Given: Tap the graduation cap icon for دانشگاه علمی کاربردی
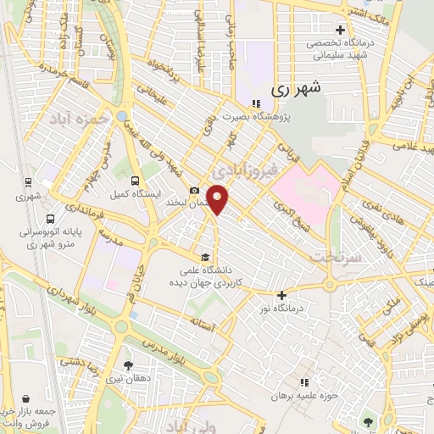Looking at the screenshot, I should (203, 256).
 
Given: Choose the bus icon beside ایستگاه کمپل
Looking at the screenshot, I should (136, 181).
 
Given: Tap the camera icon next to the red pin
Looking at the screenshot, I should (194, 190).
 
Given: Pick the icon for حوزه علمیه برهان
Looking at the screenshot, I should (305, 381).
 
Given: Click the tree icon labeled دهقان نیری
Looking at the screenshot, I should (128, 366).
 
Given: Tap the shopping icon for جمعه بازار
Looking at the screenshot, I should (28, 398).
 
